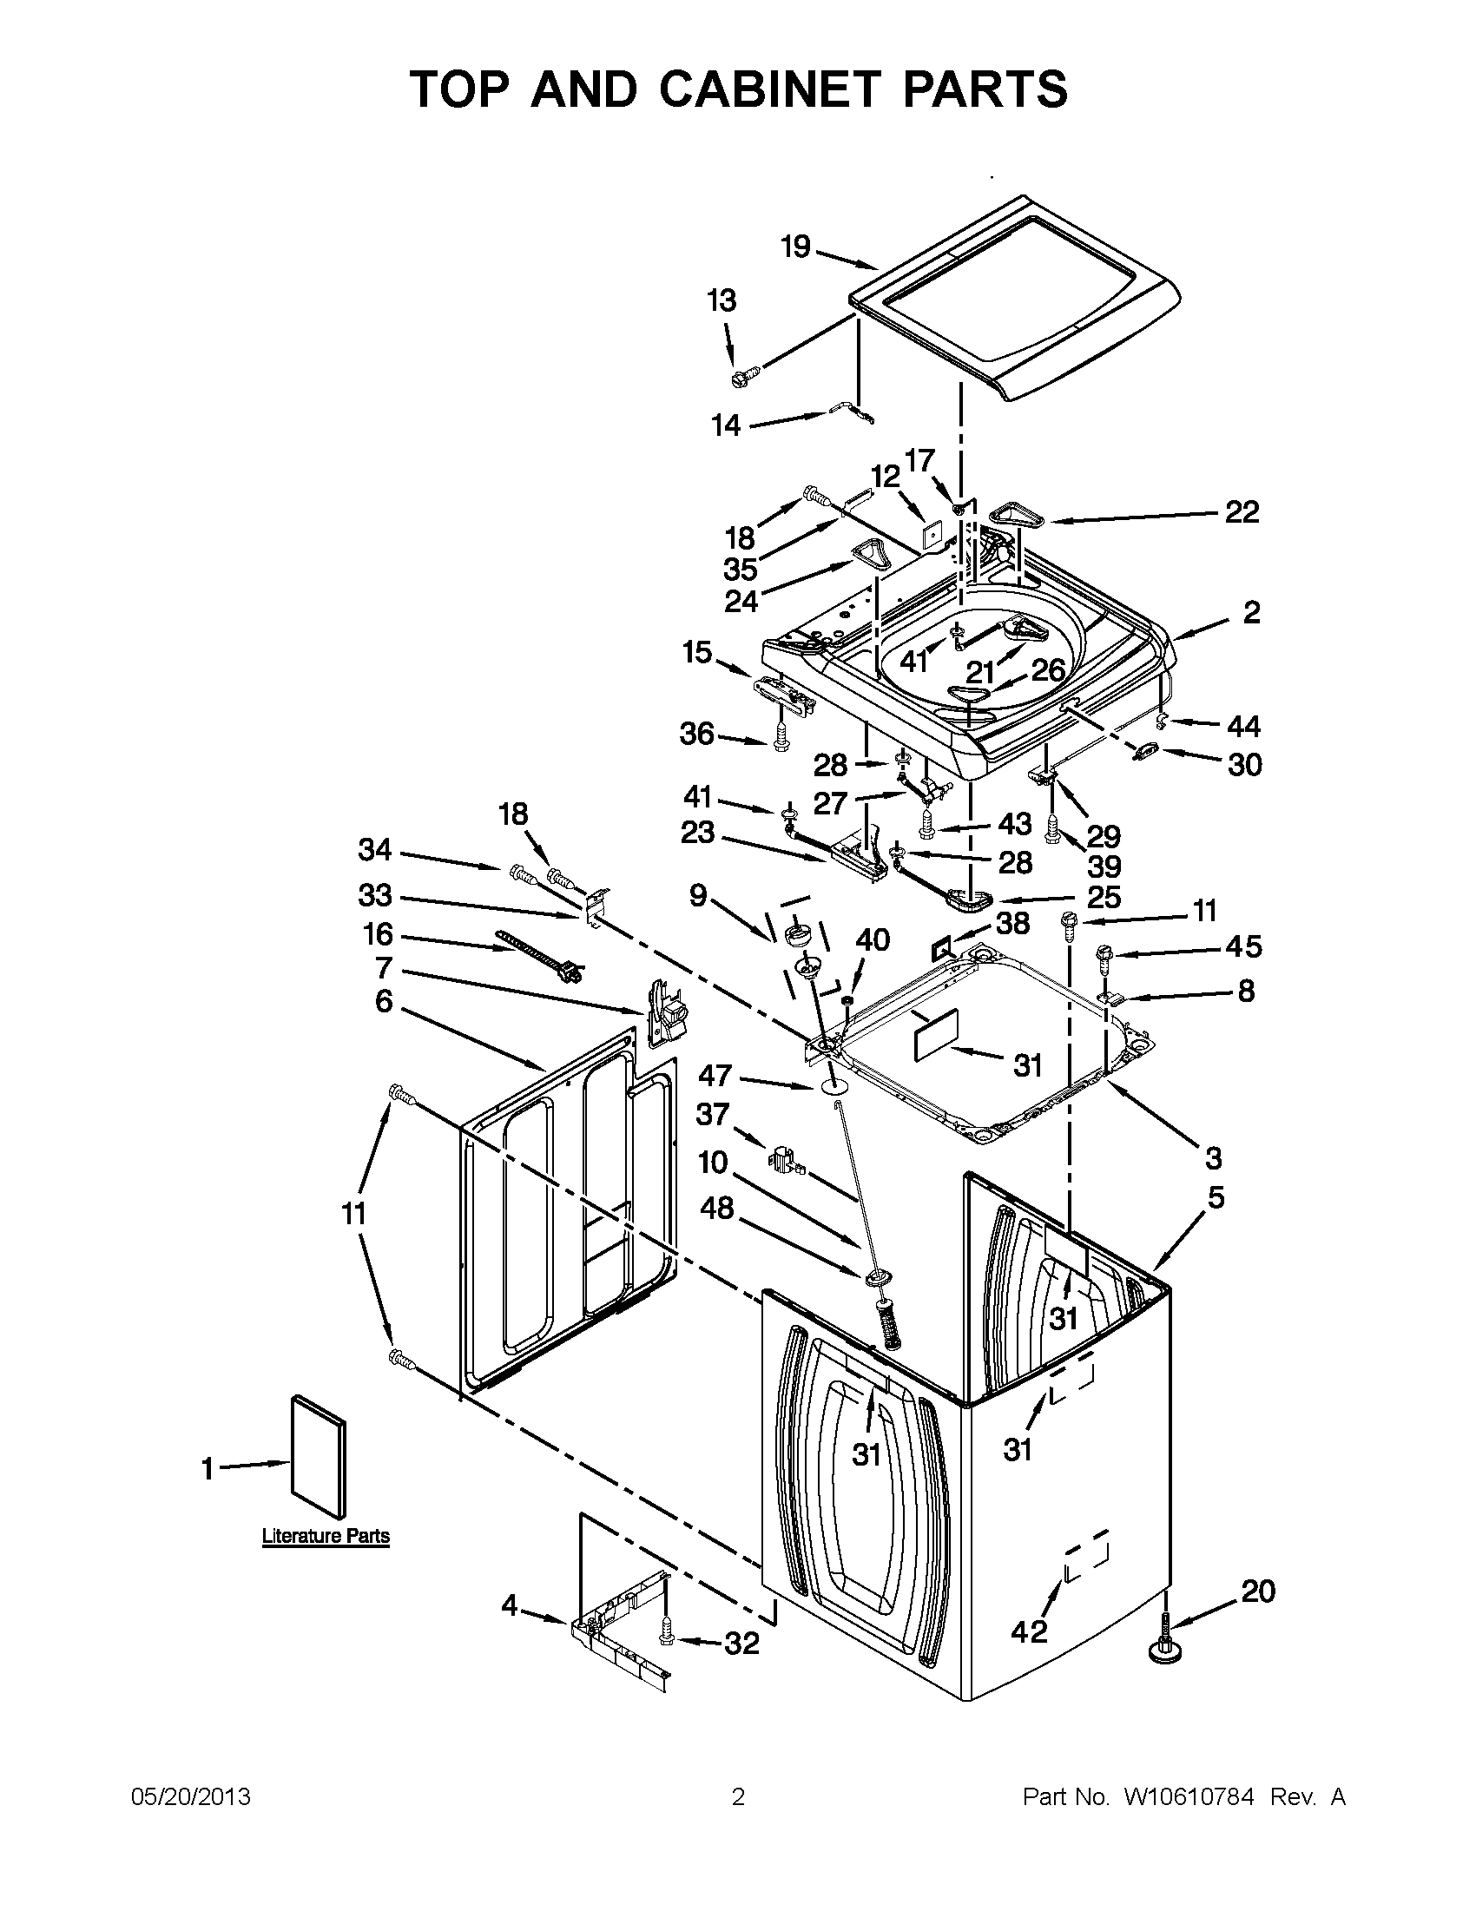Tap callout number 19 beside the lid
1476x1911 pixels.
point(795,247)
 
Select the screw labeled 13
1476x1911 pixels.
point(743,376)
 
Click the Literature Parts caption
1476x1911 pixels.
point(326,1537)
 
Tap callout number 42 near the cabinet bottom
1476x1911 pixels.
point(1028,1631)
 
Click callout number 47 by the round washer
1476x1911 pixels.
point(715,1076)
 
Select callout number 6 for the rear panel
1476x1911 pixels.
point(383,1001)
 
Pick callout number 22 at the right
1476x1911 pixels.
point(1241,511)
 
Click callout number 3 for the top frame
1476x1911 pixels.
point(1212,1157)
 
